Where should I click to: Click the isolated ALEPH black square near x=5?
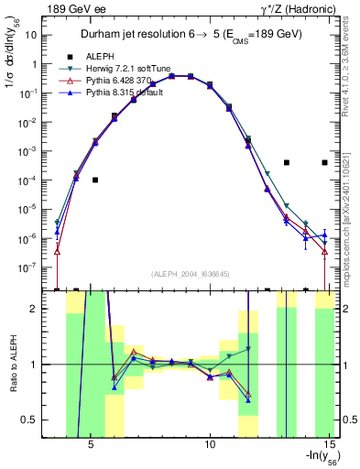pos(95,180)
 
